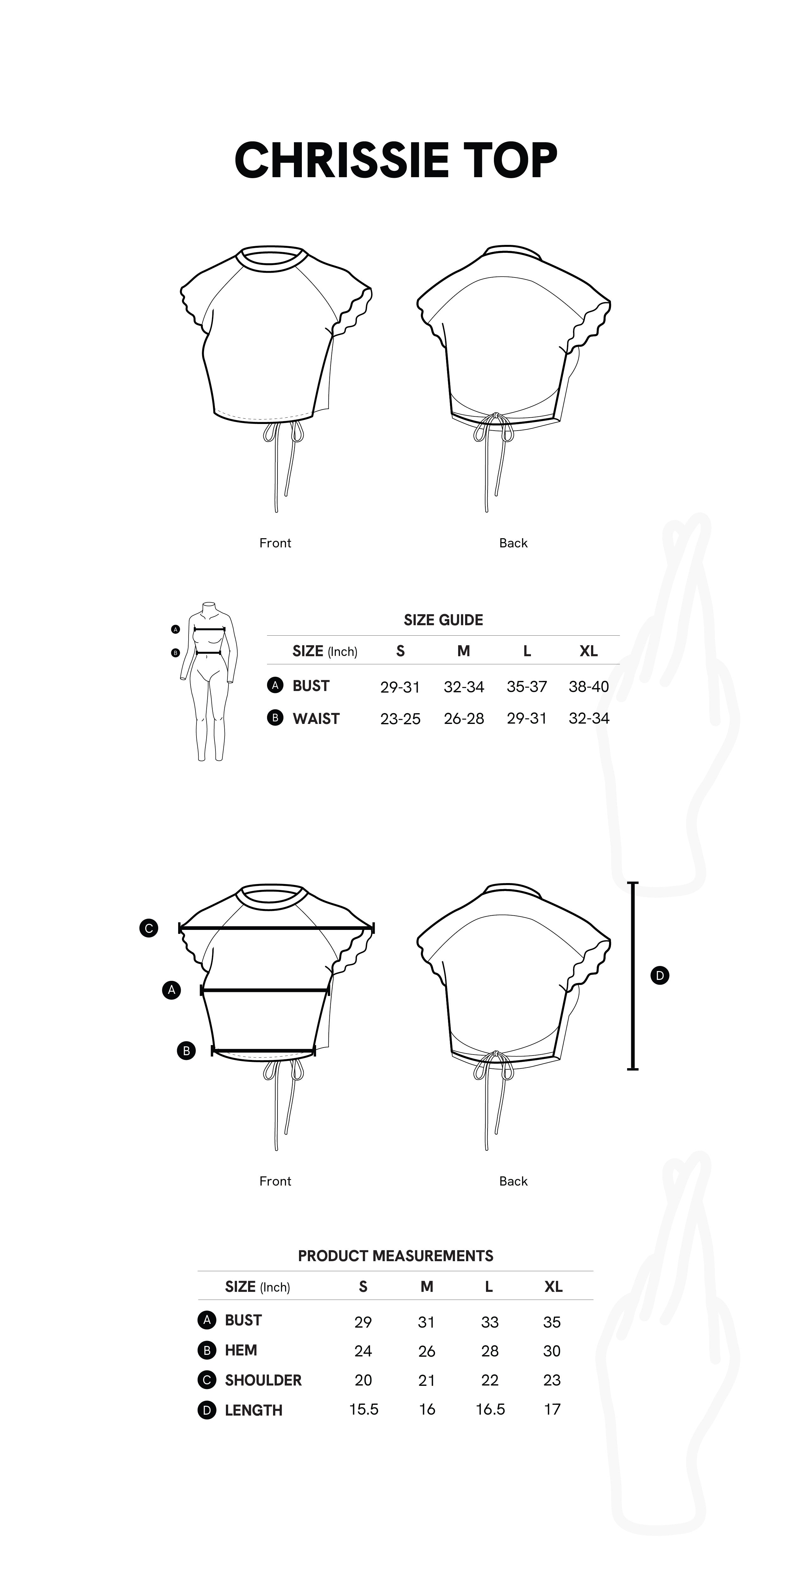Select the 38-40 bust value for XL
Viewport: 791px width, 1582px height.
588,687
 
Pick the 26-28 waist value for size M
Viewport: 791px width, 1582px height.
464,719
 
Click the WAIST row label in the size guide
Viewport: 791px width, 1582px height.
316,719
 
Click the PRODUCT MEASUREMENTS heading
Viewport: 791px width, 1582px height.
395,1256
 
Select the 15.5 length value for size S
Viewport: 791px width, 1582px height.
364,1410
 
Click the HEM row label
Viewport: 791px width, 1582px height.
241,1350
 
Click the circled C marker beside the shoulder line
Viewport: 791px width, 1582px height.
149,928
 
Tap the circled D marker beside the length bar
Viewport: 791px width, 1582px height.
660,975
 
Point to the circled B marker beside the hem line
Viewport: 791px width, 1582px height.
186,1051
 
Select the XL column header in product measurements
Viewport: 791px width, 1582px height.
553,1286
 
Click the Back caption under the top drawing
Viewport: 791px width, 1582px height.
513,543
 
